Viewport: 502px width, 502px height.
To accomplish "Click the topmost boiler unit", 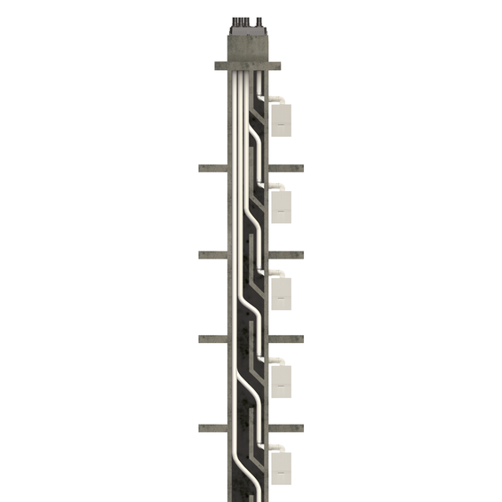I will [282, 119].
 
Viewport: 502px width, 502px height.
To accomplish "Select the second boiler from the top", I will [282, 205].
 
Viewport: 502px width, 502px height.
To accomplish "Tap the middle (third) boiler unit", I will [282, 292].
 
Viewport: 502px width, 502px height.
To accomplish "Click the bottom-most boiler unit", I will [282, 466].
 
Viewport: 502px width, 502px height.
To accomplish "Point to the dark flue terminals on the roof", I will [248, 20].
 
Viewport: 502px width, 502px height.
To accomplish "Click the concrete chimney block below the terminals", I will [248, 44].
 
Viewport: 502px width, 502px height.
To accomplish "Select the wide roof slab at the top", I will [248, 66].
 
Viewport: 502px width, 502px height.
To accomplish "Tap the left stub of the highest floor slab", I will [211, 168].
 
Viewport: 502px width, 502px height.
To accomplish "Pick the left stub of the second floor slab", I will [211, 255].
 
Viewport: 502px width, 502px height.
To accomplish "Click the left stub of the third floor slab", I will [211, 339].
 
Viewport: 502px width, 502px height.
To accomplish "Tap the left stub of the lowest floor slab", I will [211, 427].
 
